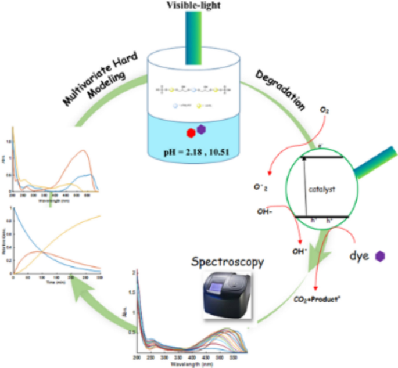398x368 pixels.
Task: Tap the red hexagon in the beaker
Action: (190, 133)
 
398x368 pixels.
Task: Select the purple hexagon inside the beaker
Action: (202, 129)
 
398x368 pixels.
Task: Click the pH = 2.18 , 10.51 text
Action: (199, 153)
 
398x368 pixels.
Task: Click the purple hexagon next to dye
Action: (381, 256)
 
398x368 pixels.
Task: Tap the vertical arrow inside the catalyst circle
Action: (303, 186)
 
